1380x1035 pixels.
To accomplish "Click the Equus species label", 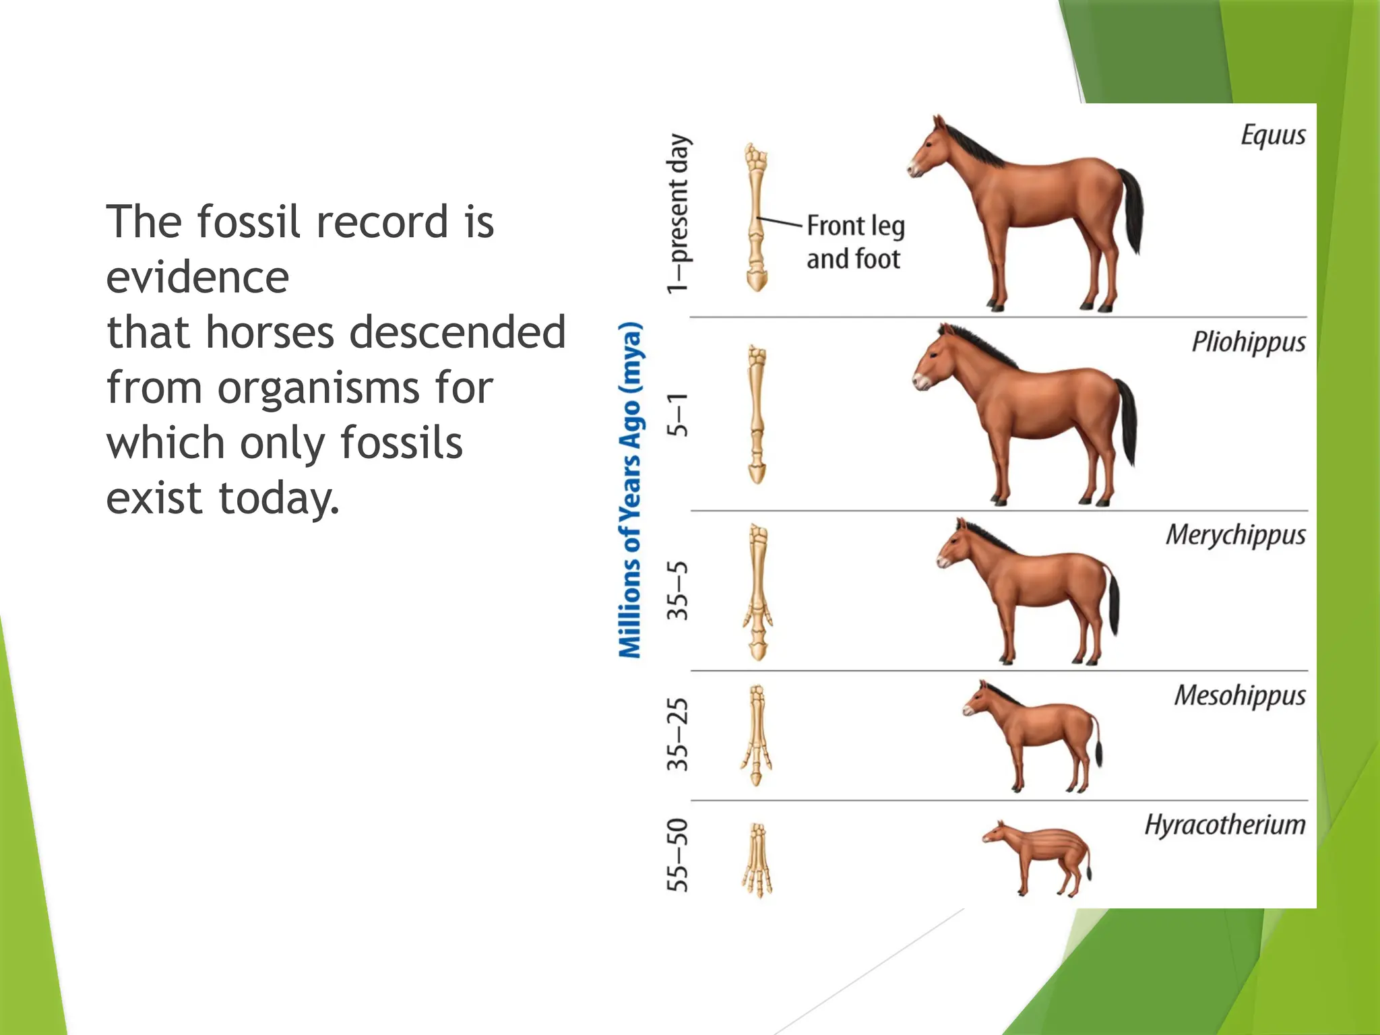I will pos(1272,135).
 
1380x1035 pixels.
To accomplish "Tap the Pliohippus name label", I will pos(1248,342).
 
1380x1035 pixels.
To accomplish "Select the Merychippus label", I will pos(1235,535).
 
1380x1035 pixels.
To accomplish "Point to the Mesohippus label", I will pos(1239,695).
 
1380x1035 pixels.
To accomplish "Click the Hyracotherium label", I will pos(1224,825).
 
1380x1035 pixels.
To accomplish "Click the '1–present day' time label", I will pos(679,214).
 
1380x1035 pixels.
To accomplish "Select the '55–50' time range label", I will pos(678,855).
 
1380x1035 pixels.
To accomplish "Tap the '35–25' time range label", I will pos(678,734).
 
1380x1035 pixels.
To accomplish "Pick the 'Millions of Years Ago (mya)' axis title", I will pos(631,490).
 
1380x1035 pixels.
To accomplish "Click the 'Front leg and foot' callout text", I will pos(855,242).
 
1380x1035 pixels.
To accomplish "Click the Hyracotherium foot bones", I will pos(757,860).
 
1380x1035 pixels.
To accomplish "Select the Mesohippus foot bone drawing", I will pos(757,734).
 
